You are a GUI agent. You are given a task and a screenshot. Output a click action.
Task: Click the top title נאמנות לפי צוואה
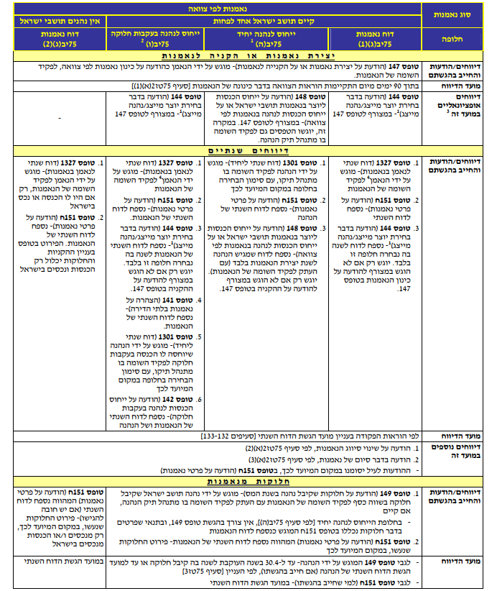[215, 8]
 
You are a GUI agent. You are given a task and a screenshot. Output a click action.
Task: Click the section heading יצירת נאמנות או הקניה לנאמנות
[215, 55]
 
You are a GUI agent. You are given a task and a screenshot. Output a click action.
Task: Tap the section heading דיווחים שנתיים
[215, 152]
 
